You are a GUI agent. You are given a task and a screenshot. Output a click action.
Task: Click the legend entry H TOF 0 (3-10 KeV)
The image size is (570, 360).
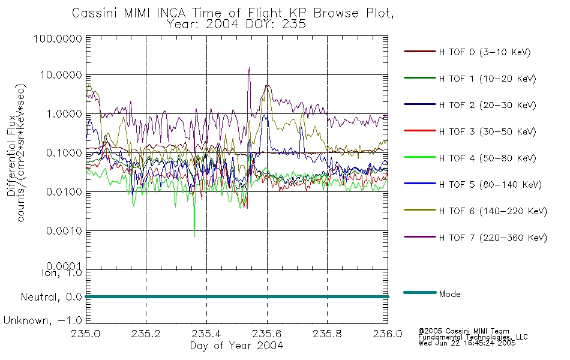485,52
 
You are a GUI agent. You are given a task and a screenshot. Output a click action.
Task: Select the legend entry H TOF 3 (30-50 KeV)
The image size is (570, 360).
487,131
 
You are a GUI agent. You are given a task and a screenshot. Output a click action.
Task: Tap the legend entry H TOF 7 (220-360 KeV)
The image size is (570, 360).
493,238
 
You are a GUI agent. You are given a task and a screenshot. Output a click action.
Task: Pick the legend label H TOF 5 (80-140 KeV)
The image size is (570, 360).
490,185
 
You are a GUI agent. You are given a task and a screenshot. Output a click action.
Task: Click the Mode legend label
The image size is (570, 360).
449,294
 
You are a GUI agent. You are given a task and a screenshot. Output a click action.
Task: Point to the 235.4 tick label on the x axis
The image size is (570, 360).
206,334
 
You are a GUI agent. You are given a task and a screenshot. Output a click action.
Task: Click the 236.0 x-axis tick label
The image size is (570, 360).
388,334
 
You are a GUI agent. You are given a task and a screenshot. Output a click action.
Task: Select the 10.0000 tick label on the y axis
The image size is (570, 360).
61,75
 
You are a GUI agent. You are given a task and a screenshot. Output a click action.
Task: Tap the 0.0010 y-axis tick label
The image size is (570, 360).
64,231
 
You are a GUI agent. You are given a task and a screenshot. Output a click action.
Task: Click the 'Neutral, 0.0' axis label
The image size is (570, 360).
51,297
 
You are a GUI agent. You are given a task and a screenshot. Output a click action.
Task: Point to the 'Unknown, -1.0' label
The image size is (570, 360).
43,320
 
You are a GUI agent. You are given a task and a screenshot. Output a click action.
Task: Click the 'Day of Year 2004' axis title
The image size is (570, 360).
236,346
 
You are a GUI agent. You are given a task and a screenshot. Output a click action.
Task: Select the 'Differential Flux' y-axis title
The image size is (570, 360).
11,155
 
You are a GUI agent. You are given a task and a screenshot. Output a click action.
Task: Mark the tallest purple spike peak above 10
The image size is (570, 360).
249,68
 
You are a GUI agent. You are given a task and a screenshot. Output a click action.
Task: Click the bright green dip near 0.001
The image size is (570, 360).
194,236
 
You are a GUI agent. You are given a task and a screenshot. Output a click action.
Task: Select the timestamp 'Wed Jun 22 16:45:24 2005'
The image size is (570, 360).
467,343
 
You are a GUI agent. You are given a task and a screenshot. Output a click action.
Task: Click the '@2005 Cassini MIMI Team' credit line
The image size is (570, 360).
463,331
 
